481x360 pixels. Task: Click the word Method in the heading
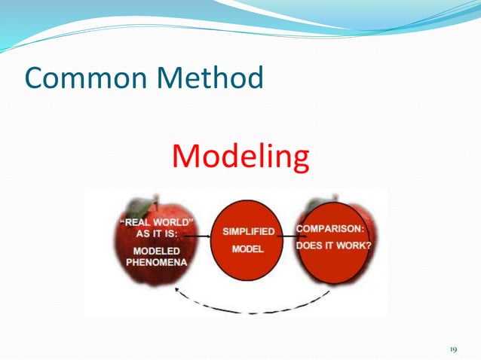coord(204,78)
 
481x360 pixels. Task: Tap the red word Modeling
coord(240,156)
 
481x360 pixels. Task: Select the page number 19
coord(453,349)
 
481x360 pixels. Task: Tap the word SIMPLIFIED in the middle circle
coord(248,231)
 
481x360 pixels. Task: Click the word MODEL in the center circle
coord(247,249)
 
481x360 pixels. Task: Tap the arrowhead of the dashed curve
coord(176,290)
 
